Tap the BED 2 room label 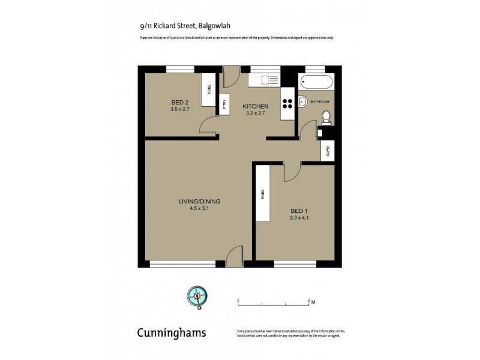(179, 103)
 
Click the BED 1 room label (298, 211)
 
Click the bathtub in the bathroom (317, 82)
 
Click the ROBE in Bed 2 (209, 90)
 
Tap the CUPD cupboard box (328, 152)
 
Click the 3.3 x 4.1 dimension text (298, 218)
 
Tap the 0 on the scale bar (238, 299)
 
